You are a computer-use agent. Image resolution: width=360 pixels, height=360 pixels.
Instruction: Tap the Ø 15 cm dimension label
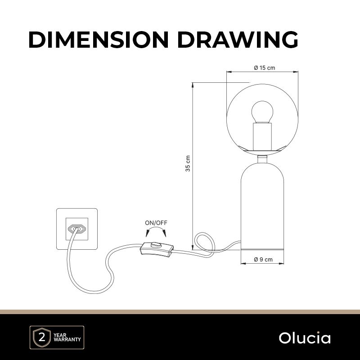click(x=264, y=68)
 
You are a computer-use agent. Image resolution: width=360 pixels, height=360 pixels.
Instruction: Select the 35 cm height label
click(x=188, y=163)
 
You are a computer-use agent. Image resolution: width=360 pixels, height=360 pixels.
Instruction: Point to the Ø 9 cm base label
click(x=263, y=260)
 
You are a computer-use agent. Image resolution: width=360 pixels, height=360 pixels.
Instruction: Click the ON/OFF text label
click(x=156, y=223)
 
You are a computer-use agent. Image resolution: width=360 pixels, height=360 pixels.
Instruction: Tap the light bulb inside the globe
click(x=262, y=112)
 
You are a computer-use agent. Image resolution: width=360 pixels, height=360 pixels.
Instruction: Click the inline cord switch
click(x=157, y=249)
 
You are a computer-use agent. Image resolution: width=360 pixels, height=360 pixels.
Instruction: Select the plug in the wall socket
click(x=76, y=229)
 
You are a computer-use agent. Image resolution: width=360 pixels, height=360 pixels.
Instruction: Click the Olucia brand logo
click(x=305, y=338)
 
